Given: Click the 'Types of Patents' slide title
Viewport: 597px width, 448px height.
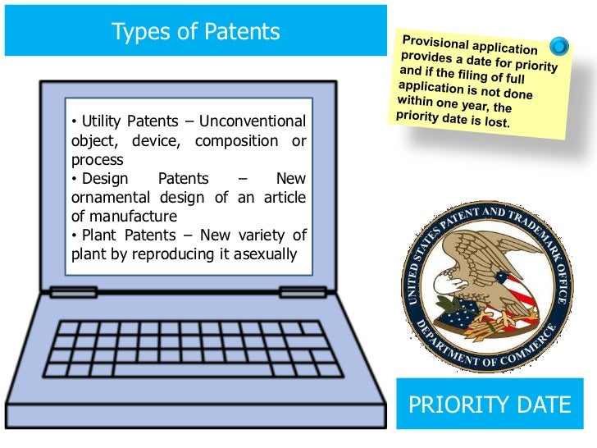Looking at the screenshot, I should click(195, 32).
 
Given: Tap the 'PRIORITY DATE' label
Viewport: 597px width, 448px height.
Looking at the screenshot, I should click(490, 405).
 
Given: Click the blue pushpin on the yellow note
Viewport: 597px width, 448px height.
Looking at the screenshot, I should click(559, 46).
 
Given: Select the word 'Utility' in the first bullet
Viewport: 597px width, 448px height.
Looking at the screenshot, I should click(101, 122).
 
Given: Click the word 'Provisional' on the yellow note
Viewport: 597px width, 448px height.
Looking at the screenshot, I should click(435, 41).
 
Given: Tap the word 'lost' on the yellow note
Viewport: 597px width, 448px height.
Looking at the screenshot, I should click(495, 124).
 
